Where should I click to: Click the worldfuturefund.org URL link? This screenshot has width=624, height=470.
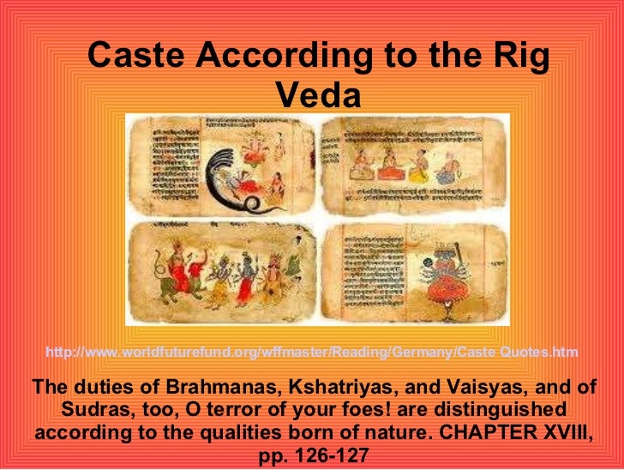point(311,352)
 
